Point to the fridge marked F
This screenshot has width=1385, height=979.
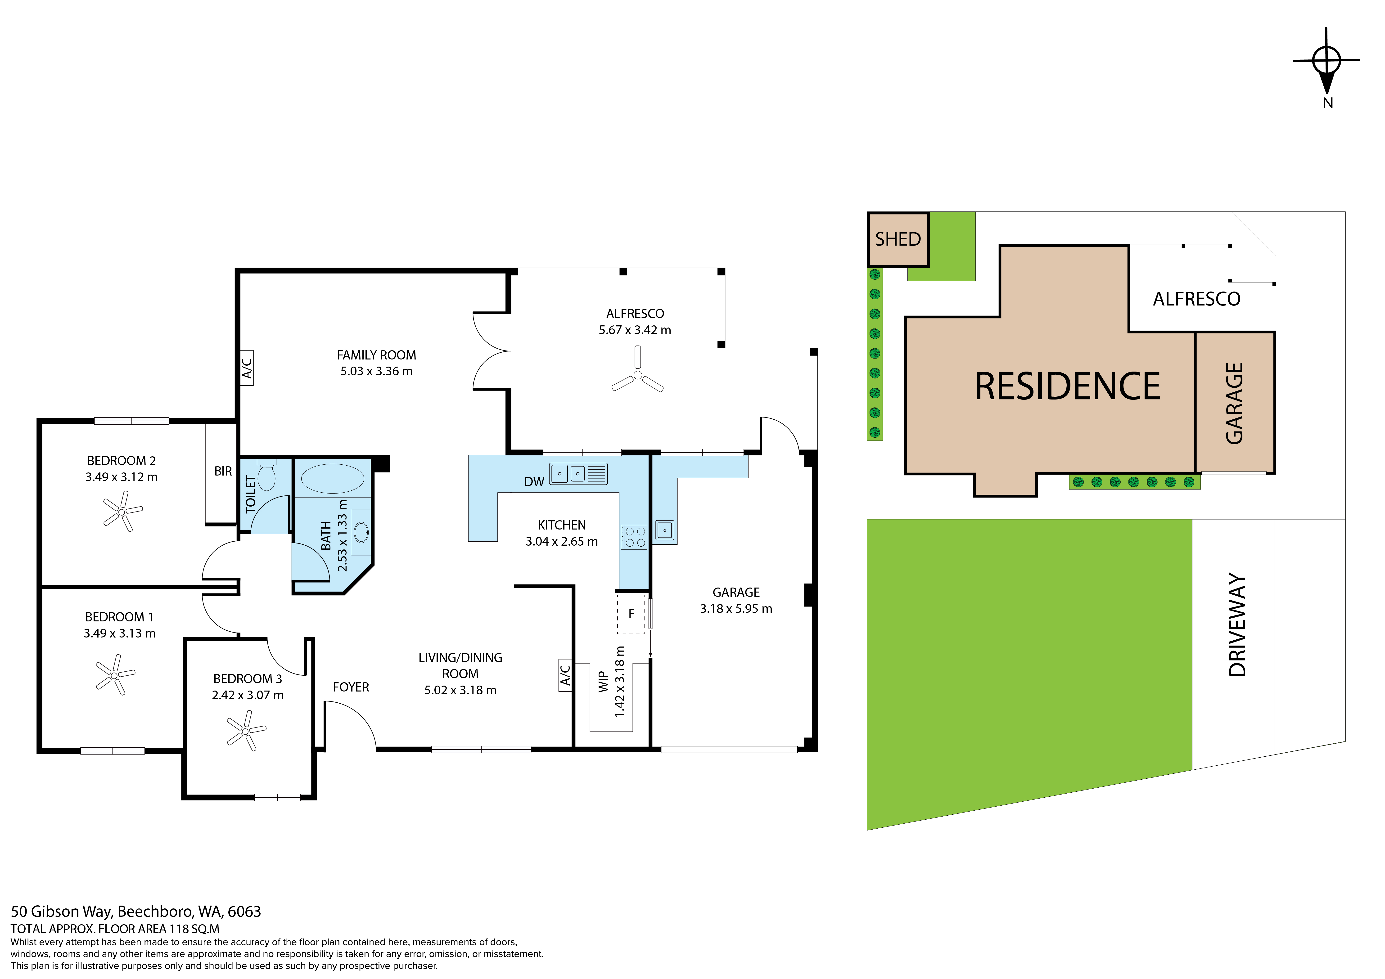coord(631,614)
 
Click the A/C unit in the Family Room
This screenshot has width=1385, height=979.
coord(247,368)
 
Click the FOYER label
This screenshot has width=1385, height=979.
coord(351,687)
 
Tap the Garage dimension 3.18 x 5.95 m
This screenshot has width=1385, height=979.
coord(736,609)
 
